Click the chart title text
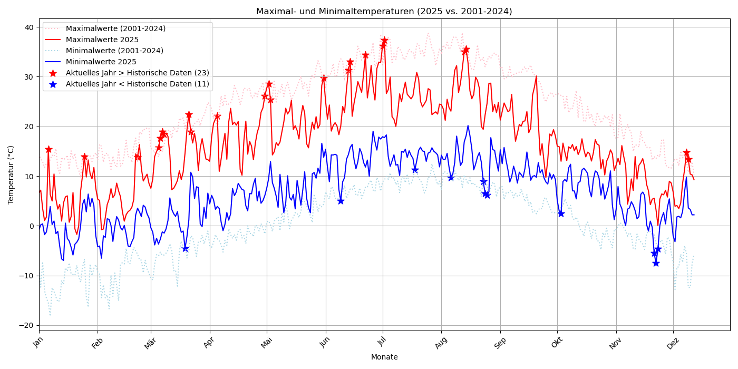click(x=384, y=12)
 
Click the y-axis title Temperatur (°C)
click(x=11, y=174)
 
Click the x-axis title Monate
click(x=384, y=357)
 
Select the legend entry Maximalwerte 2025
click(x=102, y=40)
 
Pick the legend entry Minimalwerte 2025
click(x=101, y=62)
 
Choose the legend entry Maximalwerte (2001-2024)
click(x=115, y=28)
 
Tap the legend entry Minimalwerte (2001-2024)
click(x=114, y=51)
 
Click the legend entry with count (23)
click(x=137, y=73)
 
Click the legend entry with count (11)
click(x=137, y=84)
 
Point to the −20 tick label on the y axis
click(x=26, y=325)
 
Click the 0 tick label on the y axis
click(x=31, y=226)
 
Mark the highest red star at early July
click(x=384, y=40)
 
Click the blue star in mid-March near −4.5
click(x=185, y=248)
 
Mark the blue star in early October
click(x=561, y=213)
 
